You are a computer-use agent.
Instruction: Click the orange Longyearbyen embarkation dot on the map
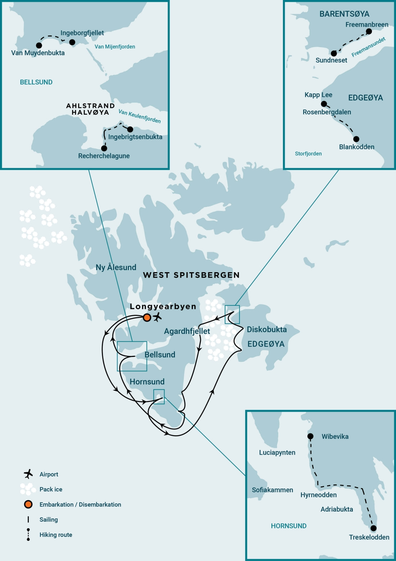pos(147,318)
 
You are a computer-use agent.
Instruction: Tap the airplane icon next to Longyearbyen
pos(157,318)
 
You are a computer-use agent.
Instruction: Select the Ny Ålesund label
pos(116,267)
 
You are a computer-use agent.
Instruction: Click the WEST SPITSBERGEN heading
pos(191,275)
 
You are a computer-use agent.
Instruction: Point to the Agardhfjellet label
pos(187,331)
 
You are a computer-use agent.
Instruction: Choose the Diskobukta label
pos(267,329)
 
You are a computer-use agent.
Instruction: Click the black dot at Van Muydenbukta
pos(39,45)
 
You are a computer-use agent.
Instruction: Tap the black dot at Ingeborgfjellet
pos(72,42)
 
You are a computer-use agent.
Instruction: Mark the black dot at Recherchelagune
pos(104,148)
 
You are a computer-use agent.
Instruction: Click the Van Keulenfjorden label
pos(140,116)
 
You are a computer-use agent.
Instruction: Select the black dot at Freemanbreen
pos(369,31)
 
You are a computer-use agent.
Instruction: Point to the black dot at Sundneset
pos(334,53)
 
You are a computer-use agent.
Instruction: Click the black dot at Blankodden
pos(356,139)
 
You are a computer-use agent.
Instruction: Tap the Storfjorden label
pos(308,154)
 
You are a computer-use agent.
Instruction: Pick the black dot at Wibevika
pos(310,436)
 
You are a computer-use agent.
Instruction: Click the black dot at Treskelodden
pos(373,528)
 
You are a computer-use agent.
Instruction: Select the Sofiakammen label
pos(273,490)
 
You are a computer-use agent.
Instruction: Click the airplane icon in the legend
pos(28,474)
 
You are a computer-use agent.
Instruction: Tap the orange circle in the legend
pos(28,504)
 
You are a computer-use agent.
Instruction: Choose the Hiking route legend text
pos(56,535)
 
